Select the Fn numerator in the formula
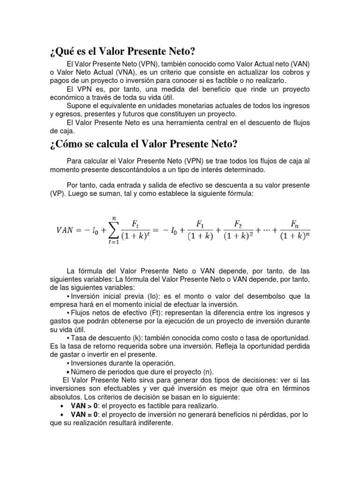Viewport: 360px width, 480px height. click(x=295, y=223)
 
